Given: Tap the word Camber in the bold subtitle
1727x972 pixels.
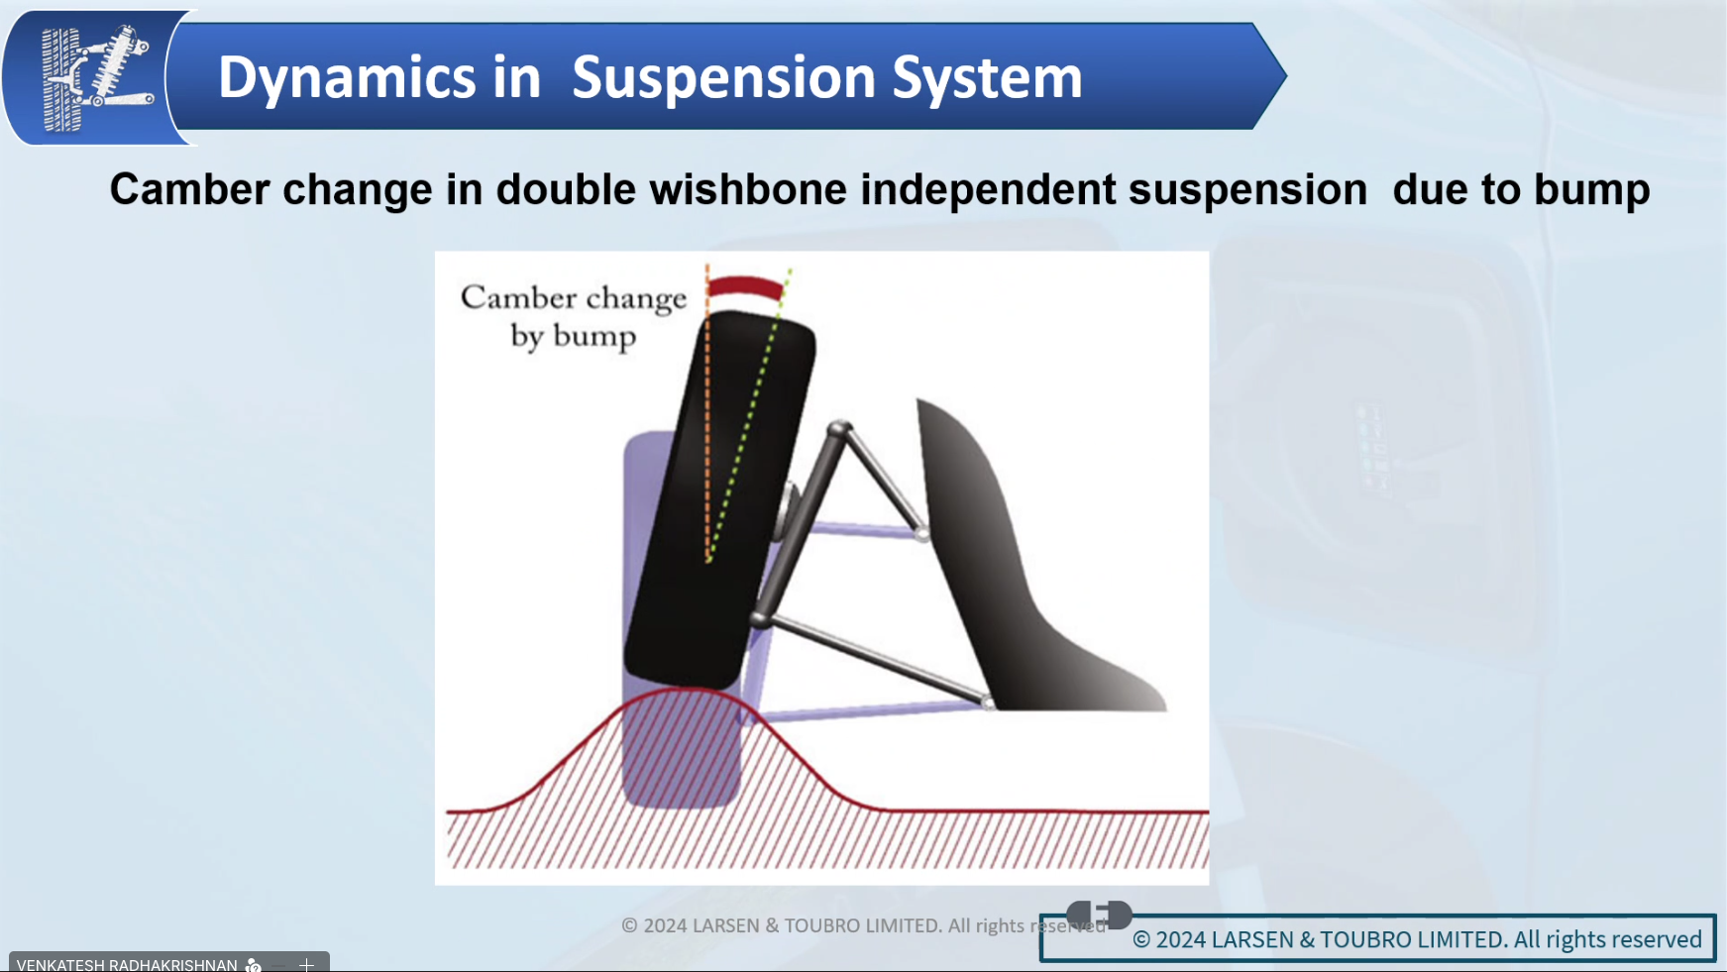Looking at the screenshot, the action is (x=189, y=189).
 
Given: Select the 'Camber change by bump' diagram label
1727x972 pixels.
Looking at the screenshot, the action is (x=573, y=316).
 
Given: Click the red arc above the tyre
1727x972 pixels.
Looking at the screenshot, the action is (x=746, y=287).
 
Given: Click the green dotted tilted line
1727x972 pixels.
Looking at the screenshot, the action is (x=750, y=414).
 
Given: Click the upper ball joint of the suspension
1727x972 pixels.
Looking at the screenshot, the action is (x=839, y=429).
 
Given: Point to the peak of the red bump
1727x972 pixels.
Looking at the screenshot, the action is (x=689, y=688).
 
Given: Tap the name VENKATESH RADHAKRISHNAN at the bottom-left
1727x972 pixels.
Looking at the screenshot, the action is (x=127, y=964).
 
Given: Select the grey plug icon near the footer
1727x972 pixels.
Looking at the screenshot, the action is (x=1099, y=914).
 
